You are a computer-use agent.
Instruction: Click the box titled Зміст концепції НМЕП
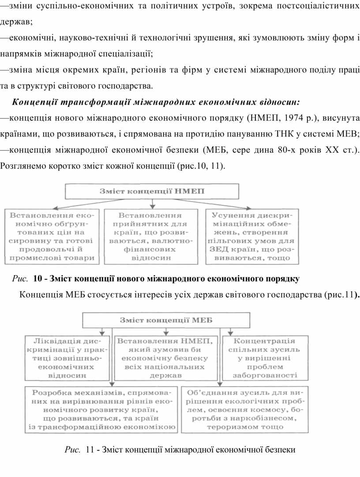click(x=152, y=191)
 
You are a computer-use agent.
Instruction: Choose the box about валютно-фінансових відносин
click(x=152, y=237)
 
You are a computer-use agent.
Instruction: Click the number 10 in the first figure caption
click(x=37, y=279)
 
